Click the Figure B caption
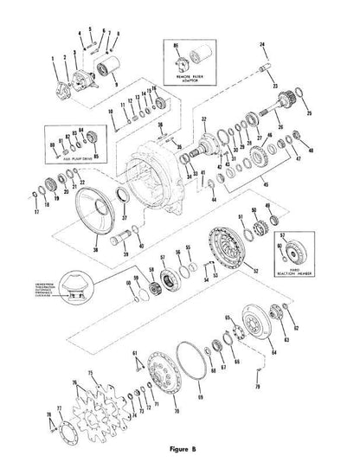181,448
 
